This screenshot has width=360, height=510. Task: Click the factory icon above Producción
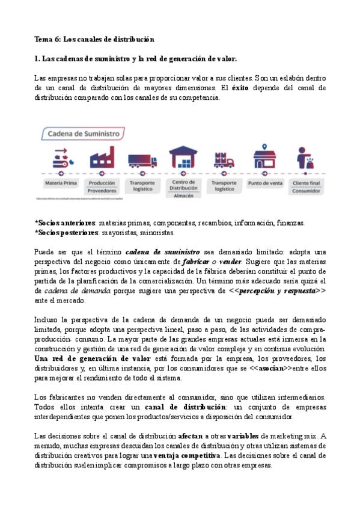(101, 158)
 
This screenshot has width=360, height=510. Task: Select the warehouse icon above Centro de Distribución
(183, 158)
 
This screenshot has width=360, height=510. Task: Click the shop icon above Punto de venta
(265, 156)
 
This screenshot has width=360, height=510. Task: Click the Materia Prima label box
(60, 183)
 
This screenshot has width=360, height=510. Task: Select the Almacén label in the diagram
(183, 196)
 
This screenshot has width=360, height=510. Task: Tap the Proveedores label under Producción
(101, 191)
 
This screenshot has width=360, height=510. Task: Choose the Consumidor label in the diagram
(307, 191)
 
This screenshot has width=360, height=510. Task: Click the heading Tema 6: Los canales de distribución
(94, 40)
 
